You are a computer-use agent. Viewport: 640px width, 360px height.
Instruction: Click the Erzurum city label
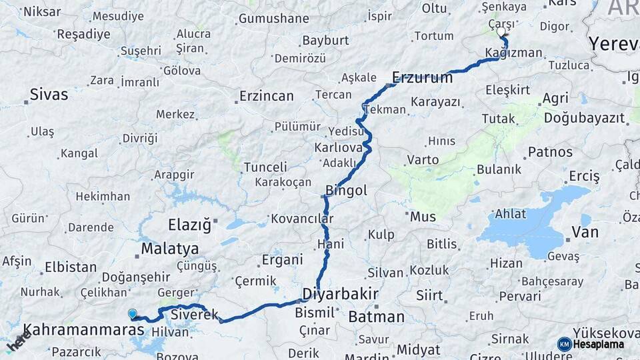(x=423, y=77)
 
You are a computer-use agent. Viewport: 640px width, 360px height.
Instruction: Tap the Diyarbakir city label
(x=340, y=294)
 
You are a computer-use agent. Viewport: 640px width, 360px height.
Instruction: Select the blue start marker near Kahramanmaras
(x=133, y=313)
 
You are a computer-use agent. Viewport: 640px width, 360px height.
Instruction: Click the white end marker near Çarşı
(x=501, y=31)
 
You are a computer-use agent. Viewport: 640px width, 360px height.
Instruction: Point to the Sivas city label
(x=50, y=95)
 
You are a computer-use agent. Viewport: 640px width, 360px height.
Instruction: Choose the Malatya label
(x=169, y=249)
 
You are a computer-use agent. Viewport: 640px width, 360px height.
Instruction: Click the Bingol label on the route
(x=346, y=191)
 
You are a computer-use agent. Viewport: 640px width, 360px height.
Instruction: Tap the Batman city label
(x=376, y=317)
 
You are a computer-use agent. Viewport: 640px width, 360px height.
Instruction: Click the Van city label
(x=585, y=233)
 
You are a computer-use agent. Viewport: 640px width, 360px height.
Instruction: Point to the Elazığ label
(x=189, y=225)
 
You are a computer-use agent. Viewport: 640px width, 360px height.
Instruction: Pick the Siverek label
(x=195, y=314)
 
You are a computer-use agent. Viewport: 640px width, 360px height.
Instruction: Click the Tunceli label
(x=265, y=167)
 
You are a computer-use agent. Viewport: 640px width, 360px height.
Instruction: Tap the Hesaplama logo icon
(x=565, y=344)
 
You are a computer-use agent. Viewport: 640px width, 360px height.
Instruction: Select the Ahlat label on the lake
(x=510, y=214)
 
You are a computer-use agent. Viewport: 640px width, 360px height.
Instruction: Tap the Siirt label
(x=429, y=295)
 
